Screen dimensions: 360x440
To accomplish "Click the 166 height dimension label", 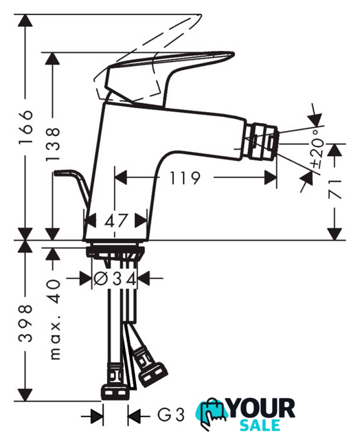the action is tap(25, 126).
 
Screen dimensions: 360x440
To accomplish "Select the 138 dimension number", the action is tap(52, 144).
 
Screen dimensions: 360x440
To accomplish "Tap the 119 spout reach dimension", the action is tap(185, 178).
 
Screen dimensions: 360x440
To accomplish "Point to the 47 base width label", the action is tap(116, 221).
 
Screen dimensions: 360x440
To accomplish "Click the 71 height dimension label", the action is tap(335, 190).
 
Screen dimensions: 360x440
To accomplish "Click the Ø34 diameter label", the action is tap(115, 278).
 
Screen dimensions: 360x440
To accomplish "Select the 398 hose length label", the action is tap(25, 323).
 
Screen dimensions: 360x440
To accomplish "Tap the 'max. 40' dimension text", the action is tap(54, 320).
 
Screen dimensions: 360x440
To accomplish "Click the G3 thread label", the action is tap(171, 415).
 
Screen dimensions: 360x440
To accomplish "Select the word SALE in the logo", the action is tap(260, 425).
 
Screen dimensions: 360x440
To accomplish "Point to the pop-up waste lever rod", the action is tap(74, 186).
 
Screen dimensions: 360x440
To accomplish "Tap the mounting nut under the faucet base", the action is tap(115, 252).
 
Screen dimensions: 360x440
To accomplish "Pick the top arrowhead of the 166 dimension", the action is tap(25, 20).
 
